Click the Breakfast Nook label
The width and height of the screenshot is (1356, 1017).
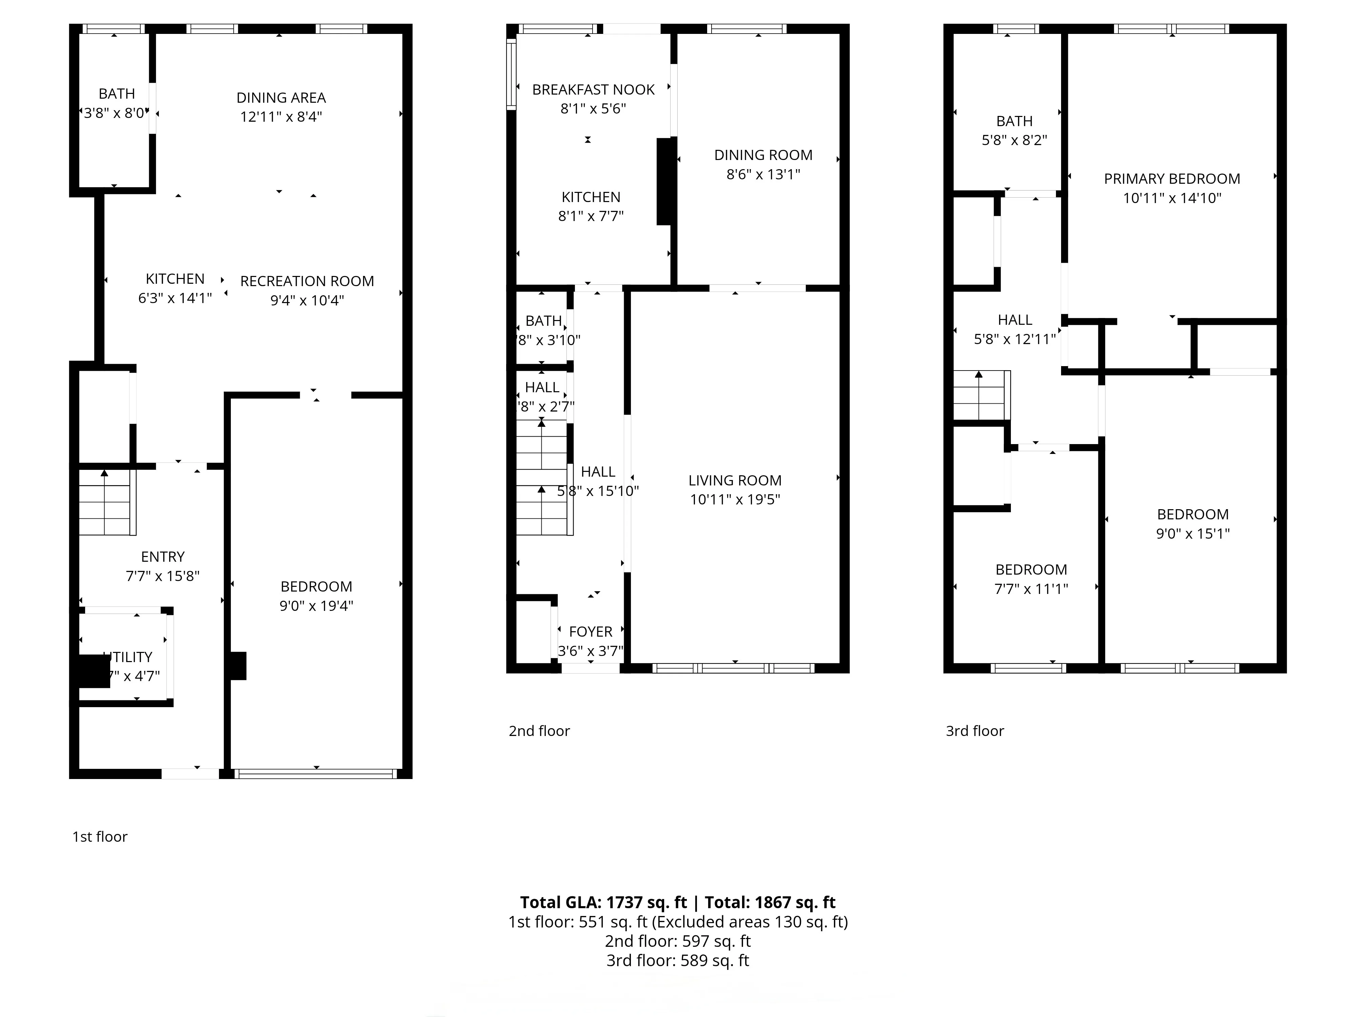tap(593, 89)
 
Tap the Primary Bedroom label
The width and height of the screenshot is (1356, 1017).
tap(1172, 179)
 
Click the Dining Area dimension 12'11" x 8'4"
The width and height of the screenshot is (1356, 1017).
tap(281, 117)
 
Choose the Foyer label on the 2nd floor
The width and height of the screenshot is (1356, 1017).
tap(590, 632)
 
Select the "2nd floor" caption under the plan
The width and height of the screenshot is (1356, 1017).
tap(539, 731)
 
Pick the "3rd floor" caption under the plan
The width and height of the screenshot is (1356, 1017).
tap(975, 731)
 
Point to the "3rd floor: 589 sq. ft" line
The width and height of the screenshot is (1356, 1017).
tap(677, 961)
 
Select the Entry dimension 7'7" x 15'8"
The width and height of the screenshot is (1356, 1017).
tap(162, 576)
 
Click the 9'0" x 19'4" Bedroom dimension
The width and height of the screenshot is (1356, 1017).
tap(316, 606)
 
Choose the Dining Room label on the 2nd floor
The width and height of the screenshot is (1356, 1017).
tap(763, 155)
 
